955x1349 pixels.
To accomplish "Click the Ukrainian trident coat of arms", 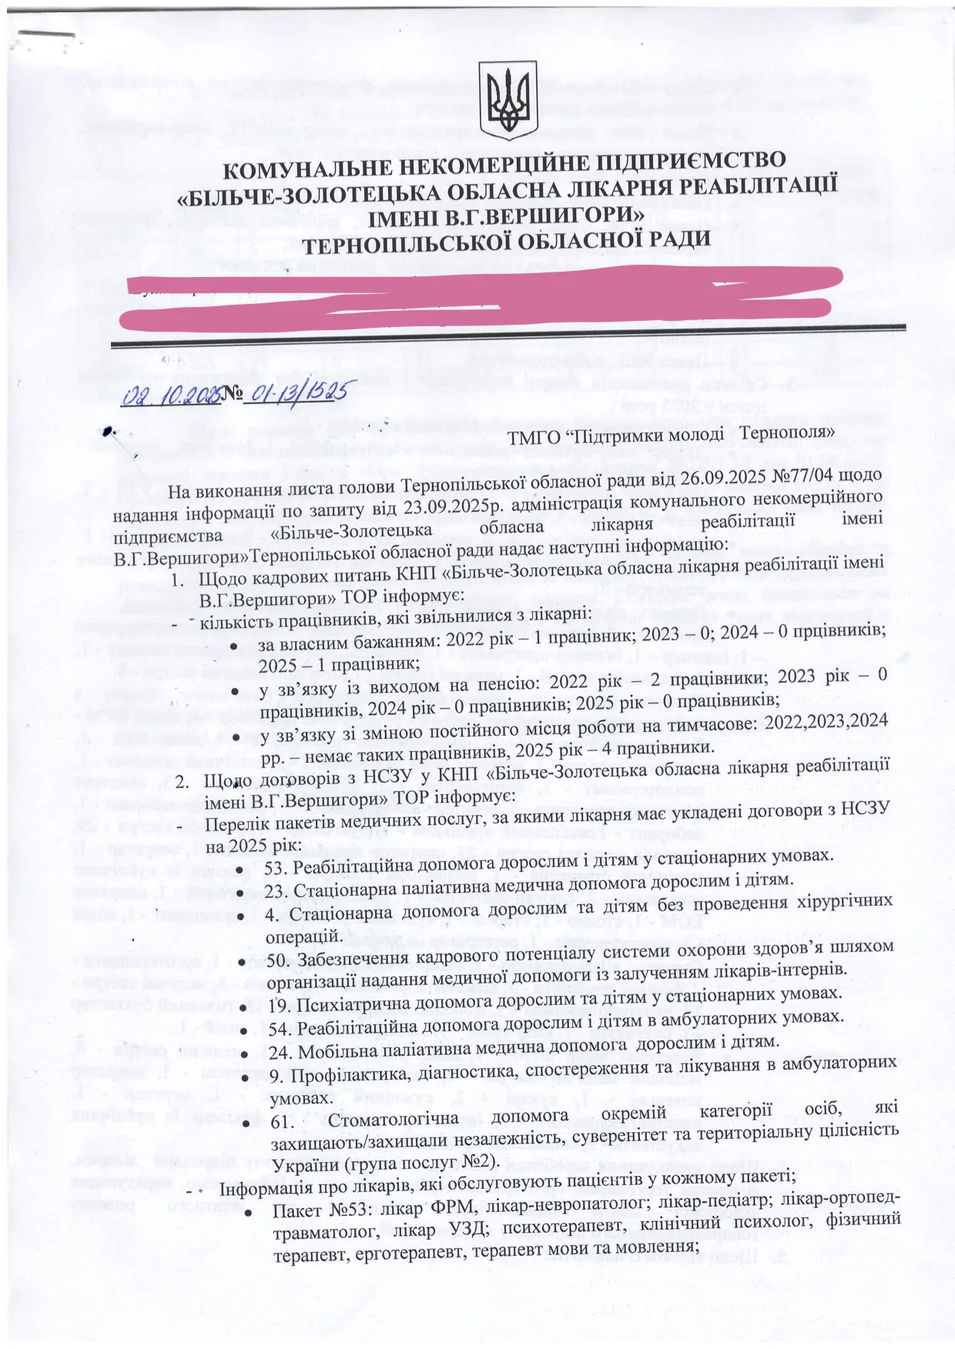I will point(505,97).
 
